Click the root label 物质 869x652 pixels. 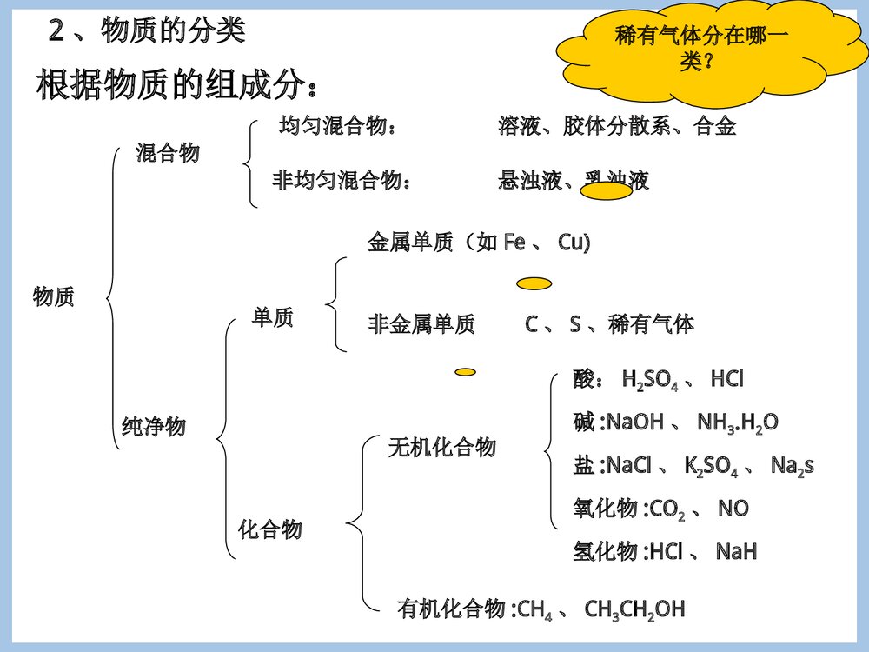coord(54,297)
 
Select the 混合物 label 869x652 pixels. coord(168,154)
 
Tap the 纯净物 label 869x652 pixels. coord(154,427)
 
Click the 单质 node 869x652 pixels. coord(273,318)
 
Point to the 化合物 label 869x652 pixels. coord(270,529)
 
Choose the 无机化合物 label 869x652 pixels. coord(442,448)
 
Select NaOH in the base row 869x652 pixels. coord(634,423)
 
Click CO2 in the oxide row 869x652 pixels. coord(667,509)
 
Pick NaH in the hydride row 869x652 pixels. coord(736,552)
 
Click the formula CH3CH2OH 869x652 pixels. coord(634,609)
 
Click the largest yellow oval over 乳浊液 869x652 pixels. coord(605,192)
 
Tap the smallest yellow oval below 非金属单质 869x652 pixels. coord(466,372)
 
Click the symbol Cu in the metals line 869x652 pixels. coord(574,243)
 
